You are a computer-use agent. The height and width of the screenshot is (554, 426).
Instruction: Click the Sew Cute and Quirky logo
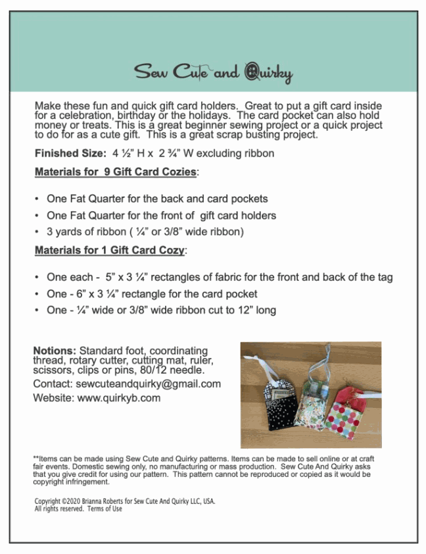pos(213,72)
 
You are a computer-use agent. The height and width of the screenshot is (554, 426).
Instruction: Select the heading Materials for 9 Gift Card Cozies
pos(116,172)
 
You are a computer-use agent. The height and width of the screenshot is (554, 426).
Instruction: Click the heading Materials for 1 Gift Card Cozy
pos(110,251)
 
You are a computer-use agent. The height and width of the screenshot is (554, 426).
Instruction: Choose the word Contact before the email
pos(53,384)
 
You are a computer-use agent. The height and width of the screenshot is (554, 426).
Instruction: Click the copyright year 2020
pos(70,501)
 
